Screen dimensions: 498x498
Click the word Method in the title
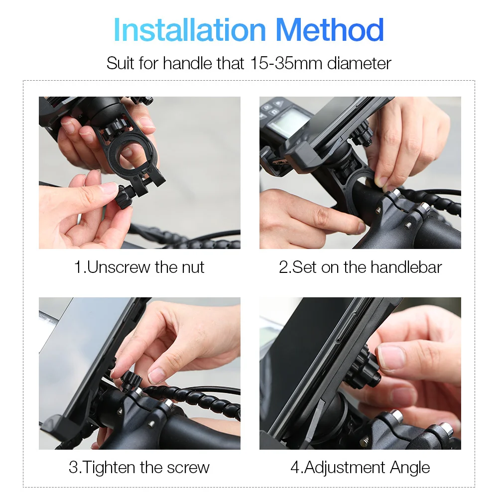330,30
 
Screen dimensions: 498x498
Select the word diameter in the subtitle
359,63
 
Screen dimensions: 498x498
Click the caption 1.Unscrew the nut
139,267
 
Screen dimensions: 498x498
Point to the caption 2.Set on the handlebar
360,267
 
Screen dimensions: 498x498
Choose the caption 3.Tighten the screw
139,468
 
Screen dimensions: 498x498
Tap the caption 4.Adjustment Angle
360,468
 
